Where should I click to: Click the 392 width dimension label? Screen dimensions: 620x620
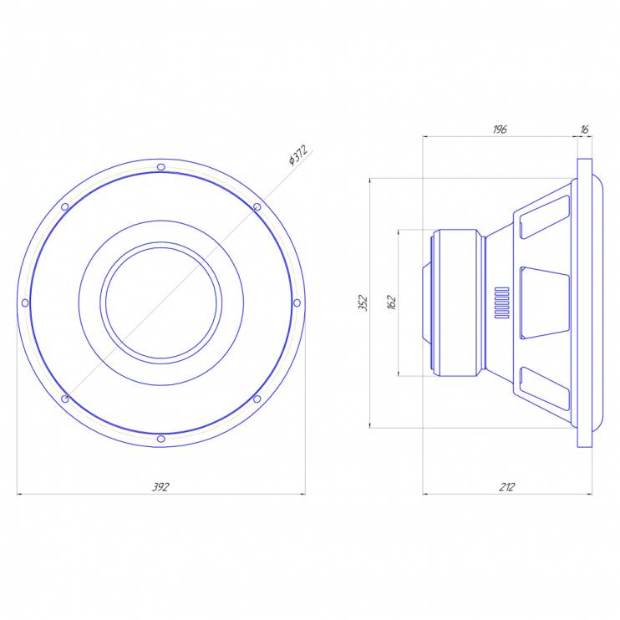(160, 487)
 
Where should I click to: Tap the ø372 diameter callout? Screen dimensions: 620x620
(298, 155)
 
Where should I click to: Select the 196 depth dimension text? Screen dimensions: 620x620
(500, 130)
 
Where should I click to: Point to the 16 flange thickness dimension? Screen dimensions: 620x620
(584, 130)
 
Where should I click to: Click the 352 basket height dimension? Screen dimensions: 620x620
(363, 302)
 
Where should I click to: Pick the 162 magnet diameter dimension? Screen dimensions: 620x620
(391, 302)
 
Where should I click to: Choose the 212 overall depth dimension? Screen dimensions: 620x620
(507, 487)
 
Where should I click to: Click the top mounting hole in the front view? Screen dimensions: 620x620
(161, 167)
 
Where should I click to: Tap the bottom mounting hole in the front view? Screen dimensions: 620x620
(161, 439)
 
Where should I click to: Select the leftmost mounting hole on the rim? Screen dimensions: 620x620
(25, 302)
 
